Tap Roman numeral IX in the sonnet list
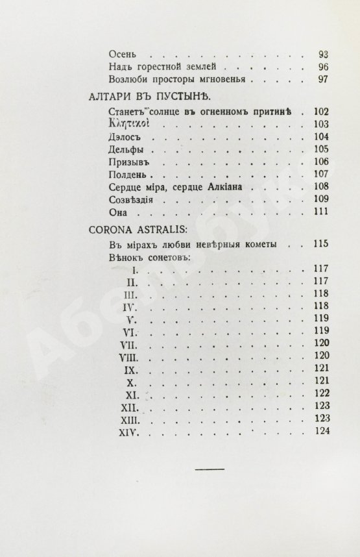tap(128, 369)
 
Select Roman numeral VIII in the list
tap(126, 356)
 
